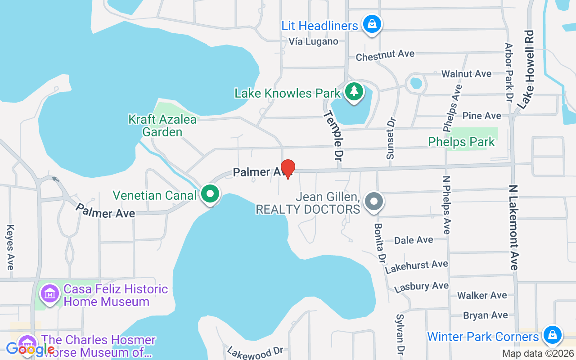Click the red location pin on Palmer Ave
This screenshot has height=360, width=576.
pos(288,169)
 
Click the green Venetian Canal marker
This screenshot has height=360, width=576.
pos(210,194)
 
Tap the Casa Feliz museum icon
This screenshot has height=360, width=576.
pos(50,294)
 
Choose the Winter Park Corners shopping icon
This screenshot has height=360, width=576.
pos(552,335)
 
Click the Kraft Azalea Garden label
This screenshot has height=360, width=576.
pos(162,126)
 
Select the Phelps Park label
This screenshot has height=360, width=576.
pos(461,142)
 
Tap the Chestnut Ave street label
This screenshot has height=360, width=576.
pos(385,55)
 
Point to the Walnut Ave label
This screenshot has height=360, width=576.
pos(466,73)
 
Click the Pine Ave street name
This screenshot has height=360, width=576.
pos(481,116)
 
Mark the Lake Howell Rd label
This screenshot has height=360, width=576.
pos(525,69)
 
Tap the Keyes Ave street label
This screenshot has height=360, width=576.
pos(10,247)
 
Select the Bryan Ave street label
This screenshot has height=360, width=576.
pos(486,315)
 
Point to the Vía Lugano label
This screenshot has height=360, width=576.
pos(313,41)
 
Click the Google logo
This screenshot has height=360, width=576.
pos(30,349)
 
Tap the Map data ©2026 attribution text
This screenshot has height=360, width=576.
pos(538,353)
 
